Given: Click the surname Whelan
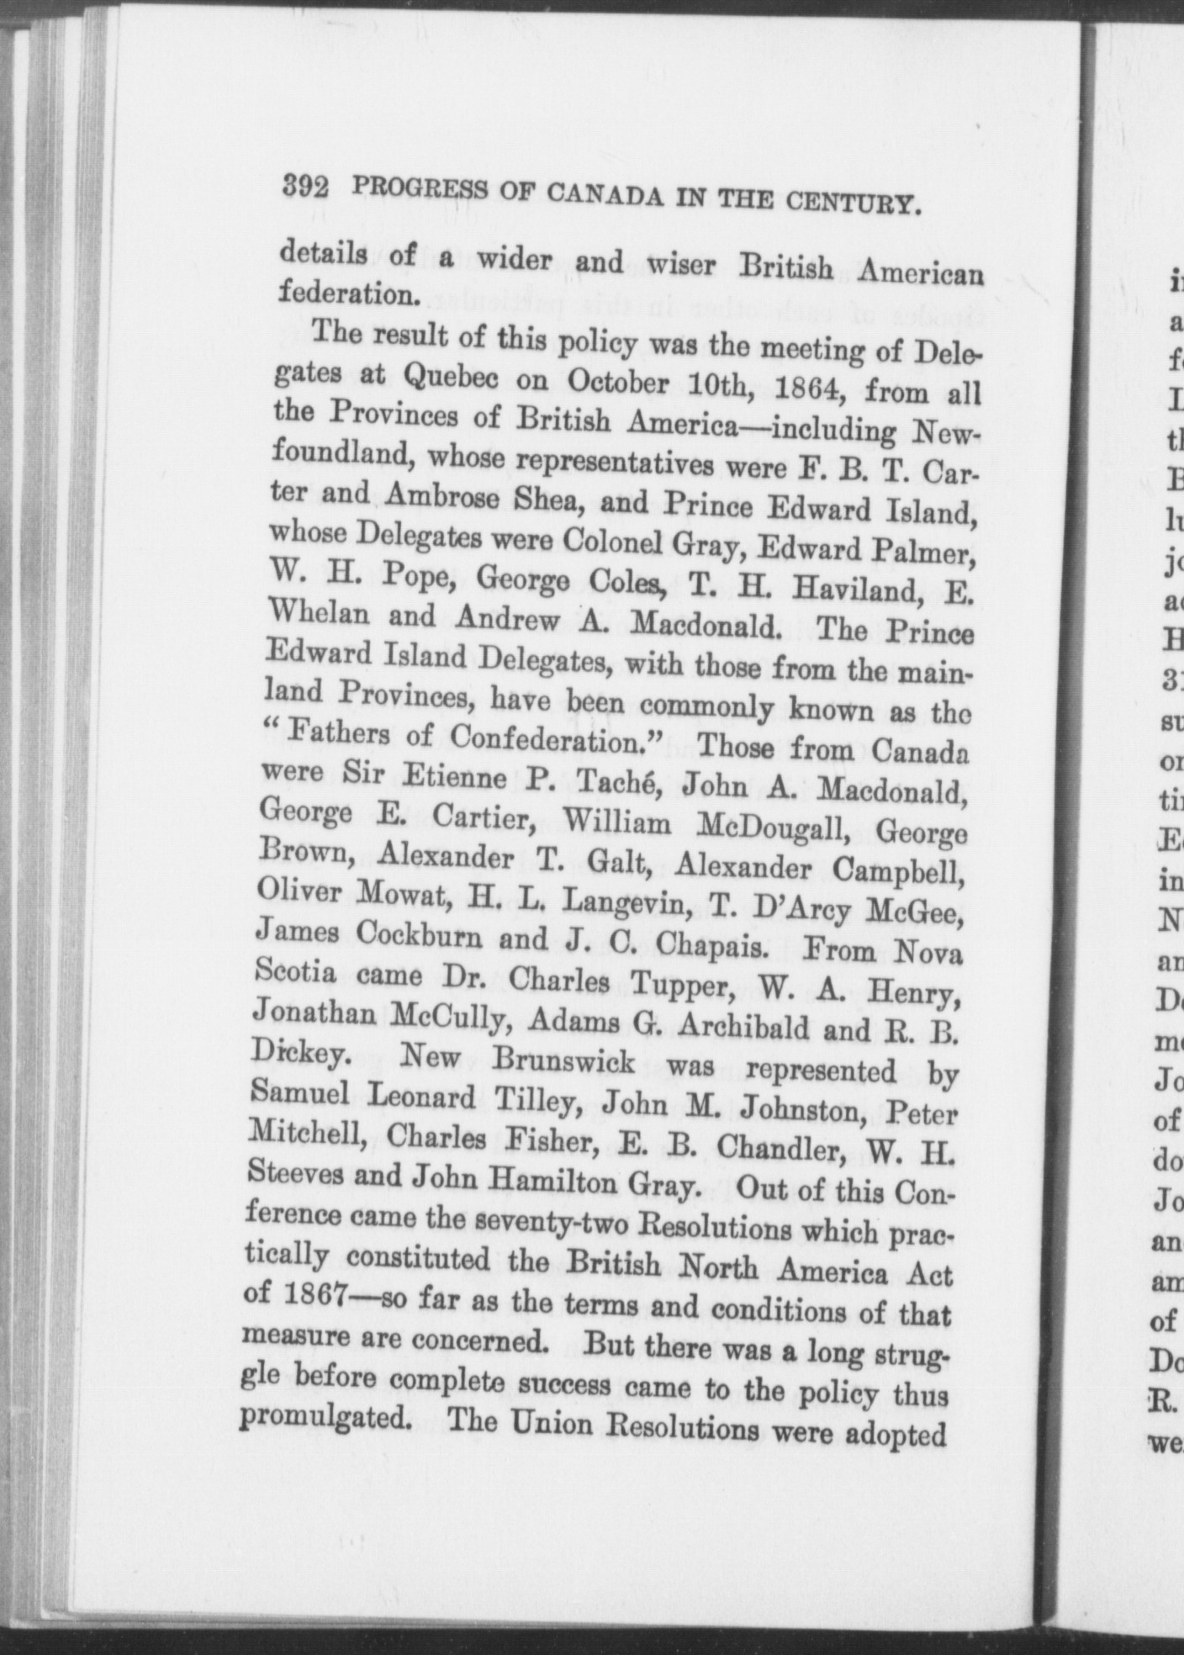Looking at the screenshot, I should [317, 613].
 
